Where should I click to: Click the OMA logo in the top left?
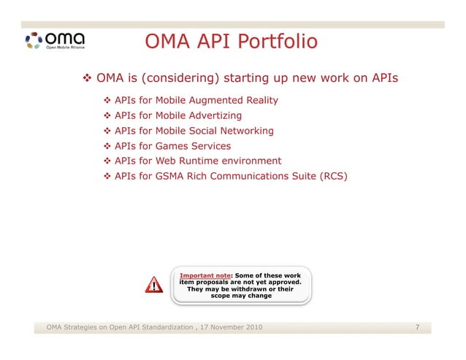(55, 39)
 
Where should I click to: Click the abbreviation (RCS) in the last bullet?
(334, 176)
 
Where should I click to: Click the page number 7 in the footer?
(416, 326)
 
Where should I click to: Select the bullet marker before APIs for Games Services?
(107, 146)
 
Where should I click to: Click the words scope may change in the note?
(240, 296)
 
